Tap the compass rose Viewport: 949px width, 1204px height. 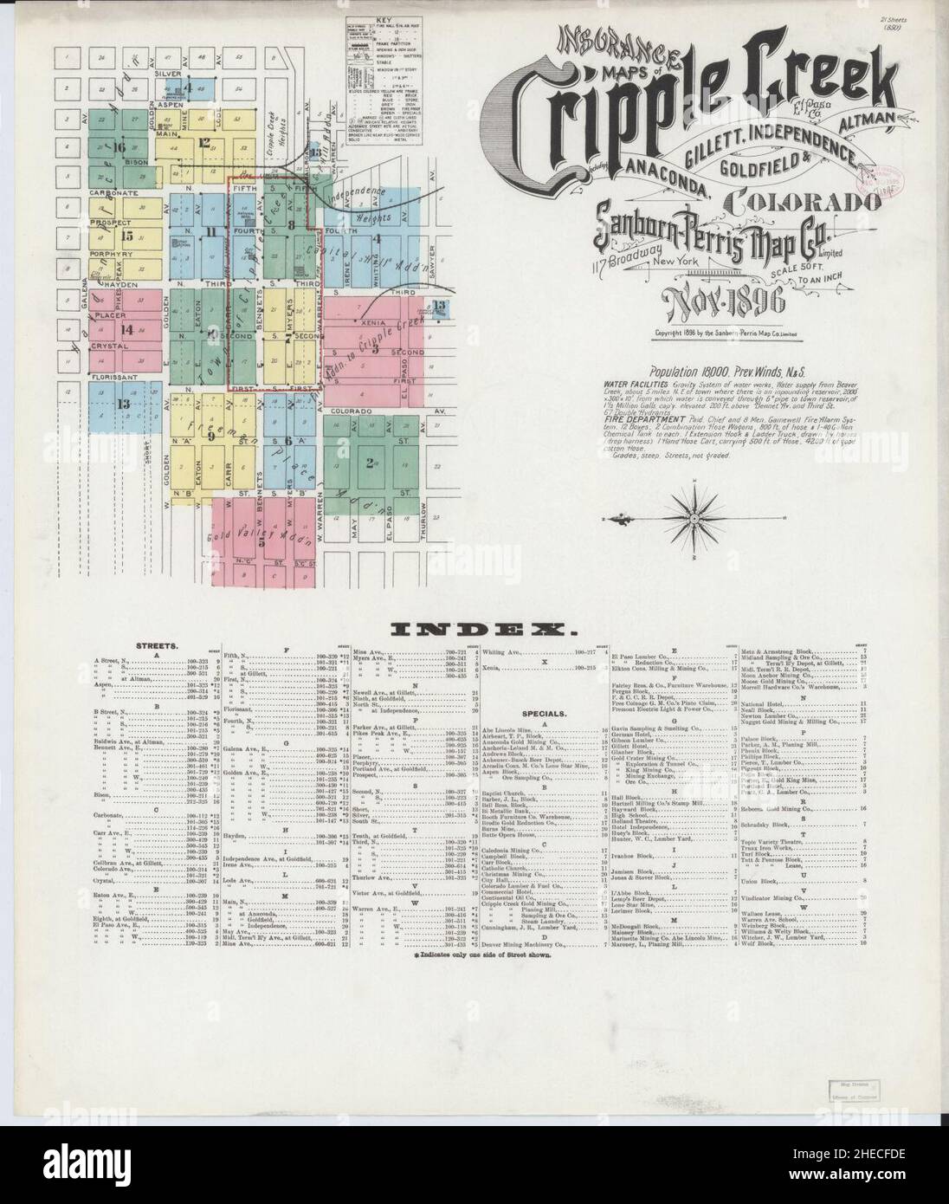(x=694, y=518)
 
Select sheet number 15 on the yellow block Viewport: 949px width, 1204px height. (x=126, y=235)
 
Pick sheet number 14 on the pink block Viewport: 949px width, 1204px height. (x=126, y=328)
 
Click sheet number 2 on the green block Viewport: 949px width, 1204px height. (x=370, y=463)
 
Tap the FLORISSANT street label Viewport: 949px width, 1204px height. (x=109, y=379)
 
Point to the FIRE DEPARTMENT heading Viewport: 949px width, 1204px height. (x=645, y=419)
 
